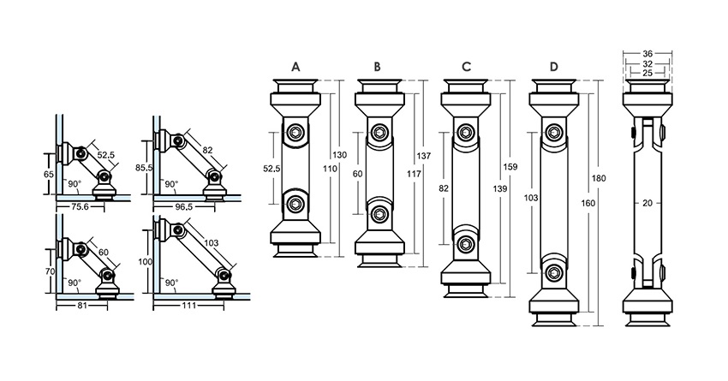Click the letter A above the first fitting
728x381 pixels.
tap(295, 66)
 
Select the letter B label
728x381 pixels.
tap(377, 66)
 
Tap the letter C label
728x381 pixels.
tap(466, 66)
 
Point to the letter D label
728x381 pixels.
tap(553, 66)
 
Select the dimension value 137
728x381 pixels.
tap(424, 156)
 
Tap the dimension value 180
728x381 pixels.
tap(600, 179)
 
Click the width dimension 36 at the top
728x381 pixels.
tap(648, 53)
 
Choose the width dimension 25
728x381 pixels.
tap(648, 73)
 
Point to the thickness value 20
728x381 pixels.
tap(648, 203)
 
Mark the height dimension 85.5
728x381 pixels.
tap(144, 168)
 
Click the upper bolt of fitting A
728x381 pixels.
tap(296, 133)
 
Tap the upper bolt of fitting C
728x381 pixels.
tap(467, 132)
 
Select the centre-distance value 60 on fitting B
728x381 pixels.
tap(358, 173)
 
